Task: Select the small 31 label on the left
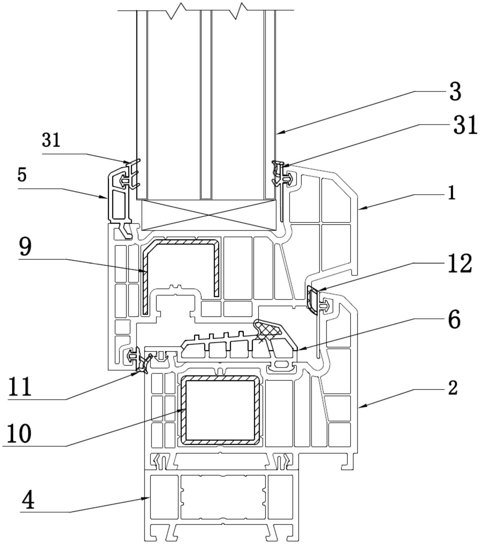(x=51, y=140)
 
